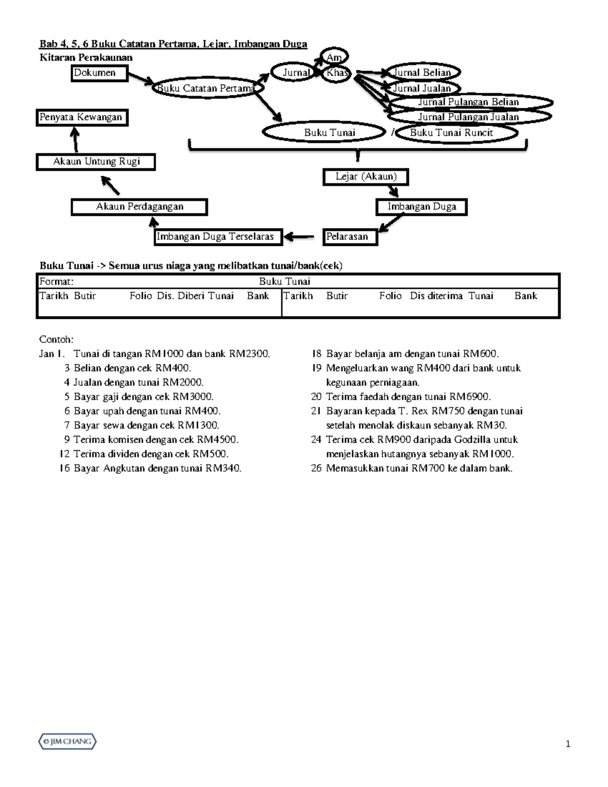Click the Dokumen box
tap(99, 73)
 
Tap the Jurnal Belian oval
tap(423, 73)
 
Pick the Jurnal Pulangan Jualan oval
tap(469, 117)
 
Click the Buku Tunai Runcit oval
tap(456, 133)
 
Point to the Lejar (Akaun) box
tap(366, 177)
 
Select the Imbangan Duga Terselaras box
tap(218, 237)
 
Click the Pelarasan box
tap(350, 237)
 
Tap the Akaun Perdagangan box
tap(139, 207)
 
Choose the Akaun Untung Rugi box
tap(96, 162)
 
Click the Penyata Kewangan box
tap(82, 118)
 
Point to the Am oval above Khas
tap(334, 57)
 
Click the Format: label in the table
tap(57, 282)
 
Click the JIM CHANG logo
tap(68, 742)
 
